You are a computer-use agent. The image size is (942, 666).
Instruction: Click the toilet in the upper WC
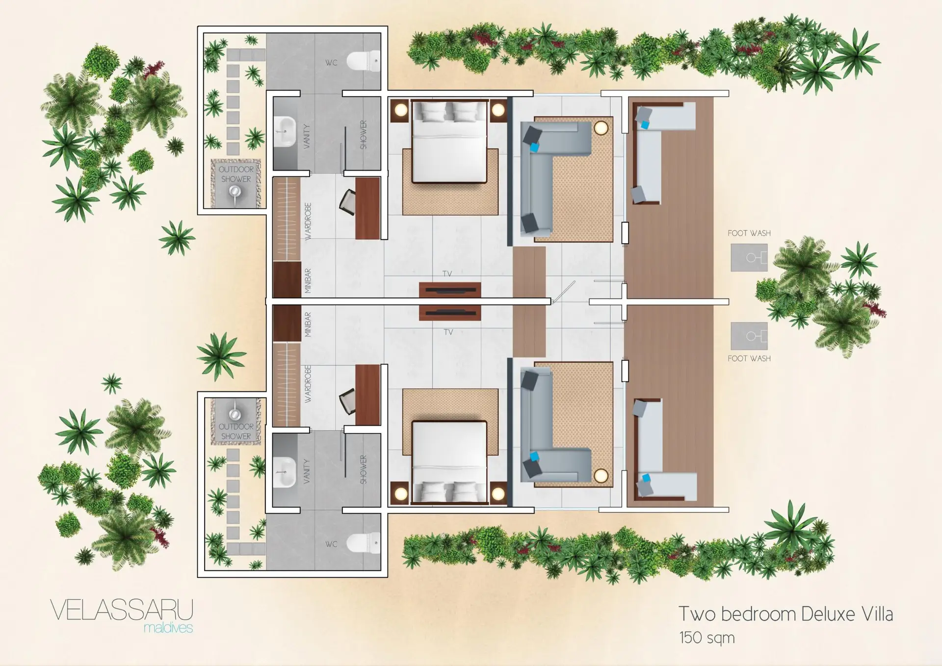(364, 61)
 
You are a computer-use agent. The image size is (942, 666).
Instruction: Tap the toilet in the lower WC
(364, 543)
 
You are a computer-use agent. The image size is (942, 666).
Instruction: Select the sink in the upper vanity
(285, 131)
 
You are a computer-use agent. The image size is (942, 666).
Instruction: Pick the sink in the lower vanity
(285, 472)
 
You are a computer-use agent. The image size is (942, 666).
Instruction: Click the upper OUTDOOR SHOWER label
(236, 174)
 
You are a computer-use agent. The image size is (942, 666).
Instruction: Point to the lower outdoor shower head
(235, 413)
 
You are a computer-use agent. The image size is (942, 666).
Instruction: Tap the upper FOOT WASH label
(749, 233)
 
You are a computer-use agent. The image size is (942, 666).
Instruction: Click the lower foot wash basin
(749, 336)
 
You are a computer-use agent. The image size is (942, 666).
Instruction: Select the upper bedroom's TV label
(447, 274)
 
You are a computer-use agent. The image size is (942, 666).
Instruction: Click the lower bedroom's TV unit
(450, 312)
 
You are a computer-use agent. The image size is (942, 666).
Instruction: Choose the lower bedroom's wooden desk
(367, 395)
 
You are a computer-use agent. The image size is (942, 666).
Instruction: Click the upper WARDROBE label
(308, 222)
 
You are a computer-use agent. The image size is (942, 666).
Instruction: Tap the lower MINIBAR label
(308, 324)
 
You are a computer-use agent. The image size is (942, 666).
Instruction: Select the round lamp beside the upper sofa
(601, 128)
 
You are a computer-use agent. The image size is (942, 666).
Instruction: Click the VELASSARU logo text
(122, 611)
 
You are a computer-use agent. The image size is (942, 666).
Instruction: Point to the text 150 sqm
(707, 638)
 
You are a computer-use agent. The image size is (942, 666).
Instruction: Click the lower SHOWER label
(364, 469)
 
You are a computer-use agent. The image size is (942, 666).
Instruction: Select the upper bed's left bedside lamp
(401, 110)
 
